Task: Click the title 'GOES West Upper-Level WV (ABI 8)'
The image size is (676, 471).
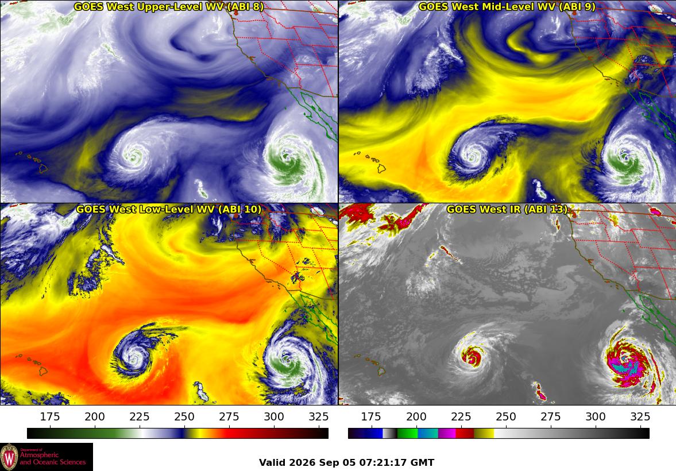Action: [168, 6]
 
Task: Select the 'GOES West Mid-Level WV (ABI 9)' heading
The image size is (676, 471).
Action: [507, 6]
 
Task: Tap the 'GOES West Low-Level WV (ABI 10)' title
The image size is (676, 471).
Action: [168, 209]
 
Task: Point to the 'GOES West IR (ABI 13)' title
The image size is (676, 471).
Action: [507, 209]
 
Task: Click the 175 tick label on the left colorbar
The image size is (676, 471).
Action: [50, 416]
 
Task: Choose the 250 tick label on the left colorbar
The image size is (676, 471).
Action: [184, 416]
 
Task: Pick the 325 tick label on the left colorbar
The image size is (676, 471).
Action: [319, 416]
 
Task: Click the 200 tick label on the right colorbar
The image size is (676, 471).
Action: [416, 416]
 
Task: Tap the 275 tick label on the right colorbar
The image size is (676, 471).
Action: [551, 416]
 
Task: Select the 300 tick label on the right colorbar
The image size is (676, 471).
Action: [596, 416]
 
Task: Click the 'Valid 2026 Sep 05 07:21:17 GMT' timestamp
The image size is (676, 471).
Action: [347, 462]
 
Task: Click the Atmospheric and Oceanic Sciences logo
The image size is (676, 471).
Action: [47, 457]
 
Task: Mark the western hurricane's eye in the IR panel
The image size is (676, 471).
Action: [473, 358]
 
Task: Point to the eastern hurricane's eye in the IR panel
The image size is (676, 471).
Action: [624, 358]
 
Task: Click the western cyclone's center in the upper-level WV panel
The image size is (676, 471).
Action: [134, 155]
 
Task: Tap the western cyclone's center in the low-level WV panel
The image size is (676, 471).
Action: [134, 358]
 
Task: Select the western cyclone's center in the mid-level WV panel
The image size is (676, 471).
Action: [473, 155]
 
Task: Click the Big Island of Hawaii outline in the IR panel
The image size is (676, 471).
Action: [381, 370]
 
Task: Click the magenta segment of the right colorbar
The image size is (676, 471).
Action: [447, 433]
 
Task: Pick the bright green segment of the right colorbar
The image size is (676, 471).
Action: [407, 433]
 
